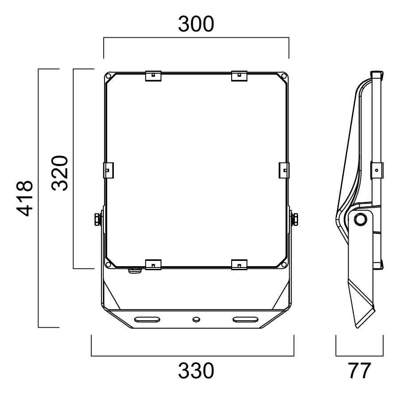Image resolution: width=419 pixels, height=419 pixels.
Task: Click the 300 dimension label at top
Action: pyautogui.click(x=196, y=24)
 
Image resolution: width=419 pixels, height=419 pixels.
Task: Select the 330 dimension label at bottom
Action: pyautogui.click(x=196, y=371)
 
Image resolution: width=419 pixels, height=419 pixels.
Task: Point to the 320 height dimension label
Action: pyautogui.click(x=60, y=173)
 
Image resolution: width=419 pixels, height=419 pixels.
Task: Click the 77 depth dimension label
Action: pyautogui.click(x=359, y=371)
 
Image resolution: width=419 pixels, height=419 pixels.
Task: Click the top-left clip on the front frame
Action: pyautogui.click(x=153, y=76)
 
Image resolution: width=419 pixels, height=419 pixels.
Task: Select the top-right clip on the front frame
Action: pyautogui.click(x=239, y=76)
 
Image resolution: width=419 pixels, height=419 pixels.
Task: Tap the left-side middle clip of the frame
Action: pyautogui.click(x=109, y=170)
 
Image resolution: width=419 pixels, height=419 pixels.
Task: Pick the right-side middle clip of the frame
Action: pyautogui.click(x=284, y=170)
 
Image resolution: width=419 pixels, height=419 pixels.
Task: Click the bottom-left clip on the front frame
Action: pyautogui.click(x=153, y=264)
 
